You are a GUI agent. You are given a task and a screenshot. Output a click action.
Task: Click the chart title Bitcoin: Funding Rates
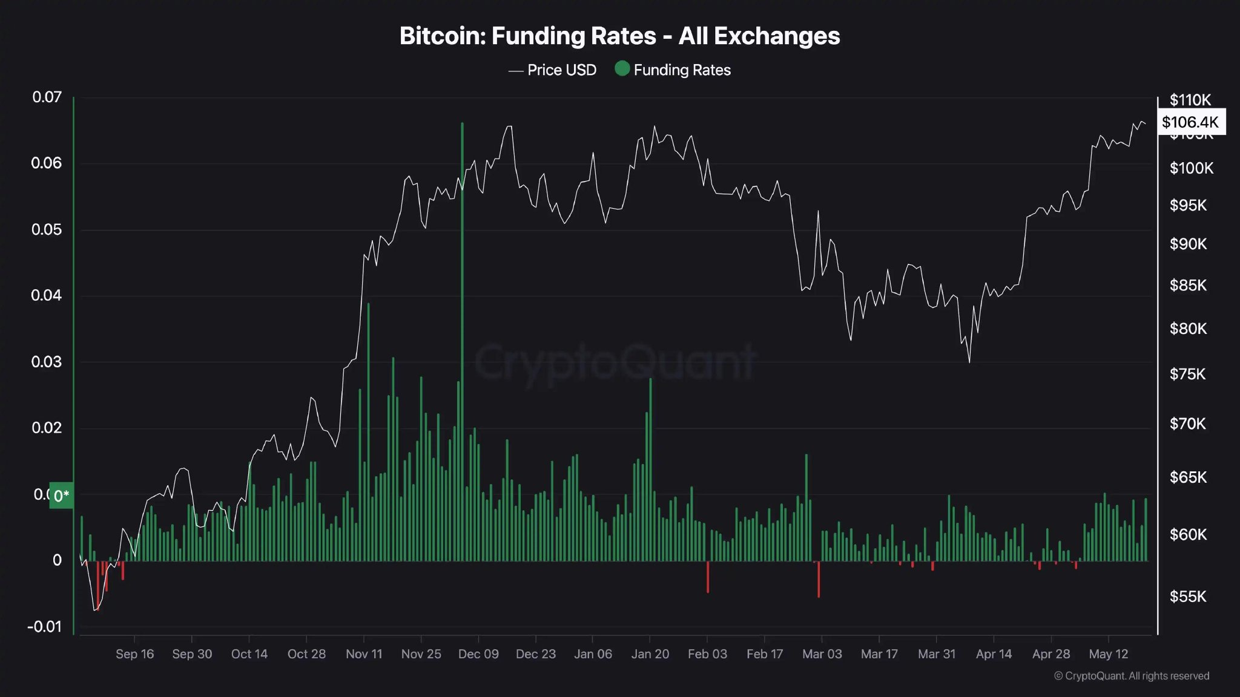(x=619, y=36)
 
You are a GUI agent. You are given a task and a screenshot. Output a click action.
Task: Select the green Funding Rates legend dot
(x=622, y=68)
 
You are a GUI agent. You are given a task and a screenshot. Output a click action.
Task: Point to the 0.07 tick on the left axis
(x=47, y=97)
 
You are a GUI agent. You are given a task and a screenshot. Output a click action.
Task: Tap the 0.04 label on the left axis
(x=46, y=295)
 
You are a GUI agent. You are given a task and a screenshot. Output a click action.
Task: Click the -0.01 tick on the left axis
(x=44, y=627)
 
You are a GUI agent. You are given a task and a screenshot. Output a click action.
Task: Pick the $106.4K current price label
(x=1190, y=122)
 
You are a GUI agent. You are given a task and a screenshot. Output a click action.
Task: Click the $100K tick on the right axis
(x=1191, y=168)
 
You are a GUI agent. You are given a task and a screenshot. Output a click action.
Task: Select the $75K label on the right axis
(x=1187, y=374)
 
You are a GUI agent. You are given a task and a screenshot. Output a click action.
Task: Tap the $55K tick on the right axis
(x=1188, y=597)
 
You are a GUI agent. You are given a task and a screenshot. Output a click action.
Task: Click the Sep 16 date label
(x=134, y=654)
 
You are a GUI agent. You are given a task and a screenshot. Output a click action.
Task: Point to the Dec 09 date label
(x=478, y=654)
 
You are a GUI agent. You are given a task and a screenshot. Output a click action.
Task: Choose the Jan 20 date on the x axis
(x=650, y=654)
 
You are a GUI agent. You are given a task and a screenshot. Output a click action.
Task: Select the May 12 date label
(x=1109, y=654)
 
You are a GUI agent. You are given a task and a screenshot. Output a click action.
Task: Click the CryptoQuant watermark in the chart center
(x=615, y=362)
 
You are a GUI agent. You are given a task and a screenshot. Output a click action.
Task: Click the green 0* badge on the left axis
(x=61, y=496)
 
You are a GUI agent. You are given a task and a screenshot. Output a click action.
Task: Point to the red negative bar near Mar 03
(x=819, y=579)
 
